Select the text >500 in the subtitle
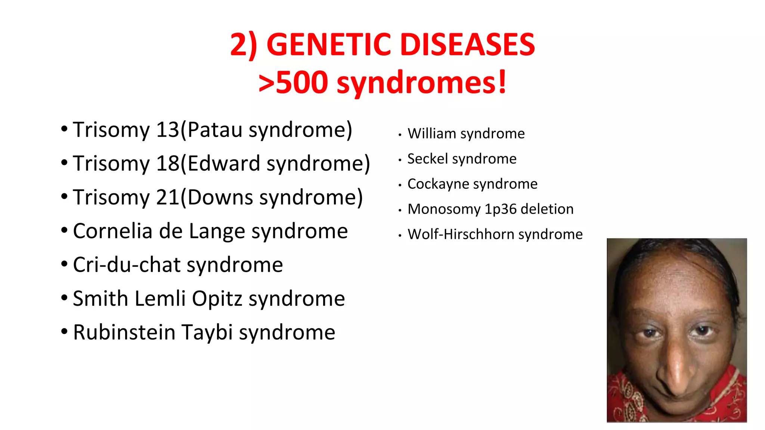coord(293,82)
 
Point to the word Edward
coord(224,163)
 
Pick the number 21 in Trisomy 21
coord(168,197)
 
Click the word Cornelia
coord(112,231)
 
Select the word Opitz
coord(217,299)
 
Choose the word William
coord(432,134)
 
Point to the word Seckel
coord(427,159)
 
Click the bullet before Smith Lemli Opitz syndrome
coord(64,298)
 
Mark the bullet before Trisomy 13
coord(64,129)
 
